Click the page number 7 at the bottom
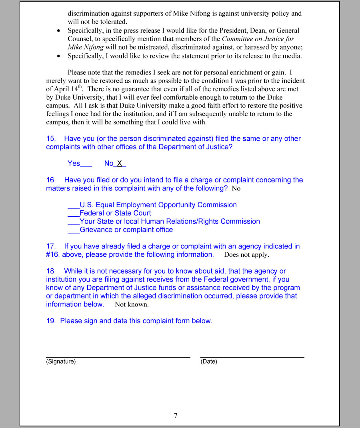[176, 416]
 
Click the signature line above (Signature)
[118, 357]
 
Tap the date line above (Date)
[252, 357]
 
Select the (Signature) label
[61, 362]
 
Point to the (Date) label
[209, 362]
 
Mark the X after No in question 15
[120, 163]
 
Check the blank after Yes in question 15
[86, 164]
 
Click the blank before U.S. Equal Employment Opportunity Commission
[74, 206]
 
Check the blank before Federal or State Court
[74, 214]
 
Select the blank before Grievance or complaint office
[74, 231]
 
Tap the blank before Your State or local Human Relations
[74, 223]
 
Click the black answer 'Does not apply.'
[246, 255]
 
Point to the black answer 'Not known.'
[132, 304]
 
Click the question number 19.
[50, 321]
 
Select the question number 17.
[50, 246]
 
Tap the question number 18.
[50, 271]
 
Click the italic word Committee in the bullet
[237, 39]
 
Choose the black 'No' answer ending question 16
[236, 188]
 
